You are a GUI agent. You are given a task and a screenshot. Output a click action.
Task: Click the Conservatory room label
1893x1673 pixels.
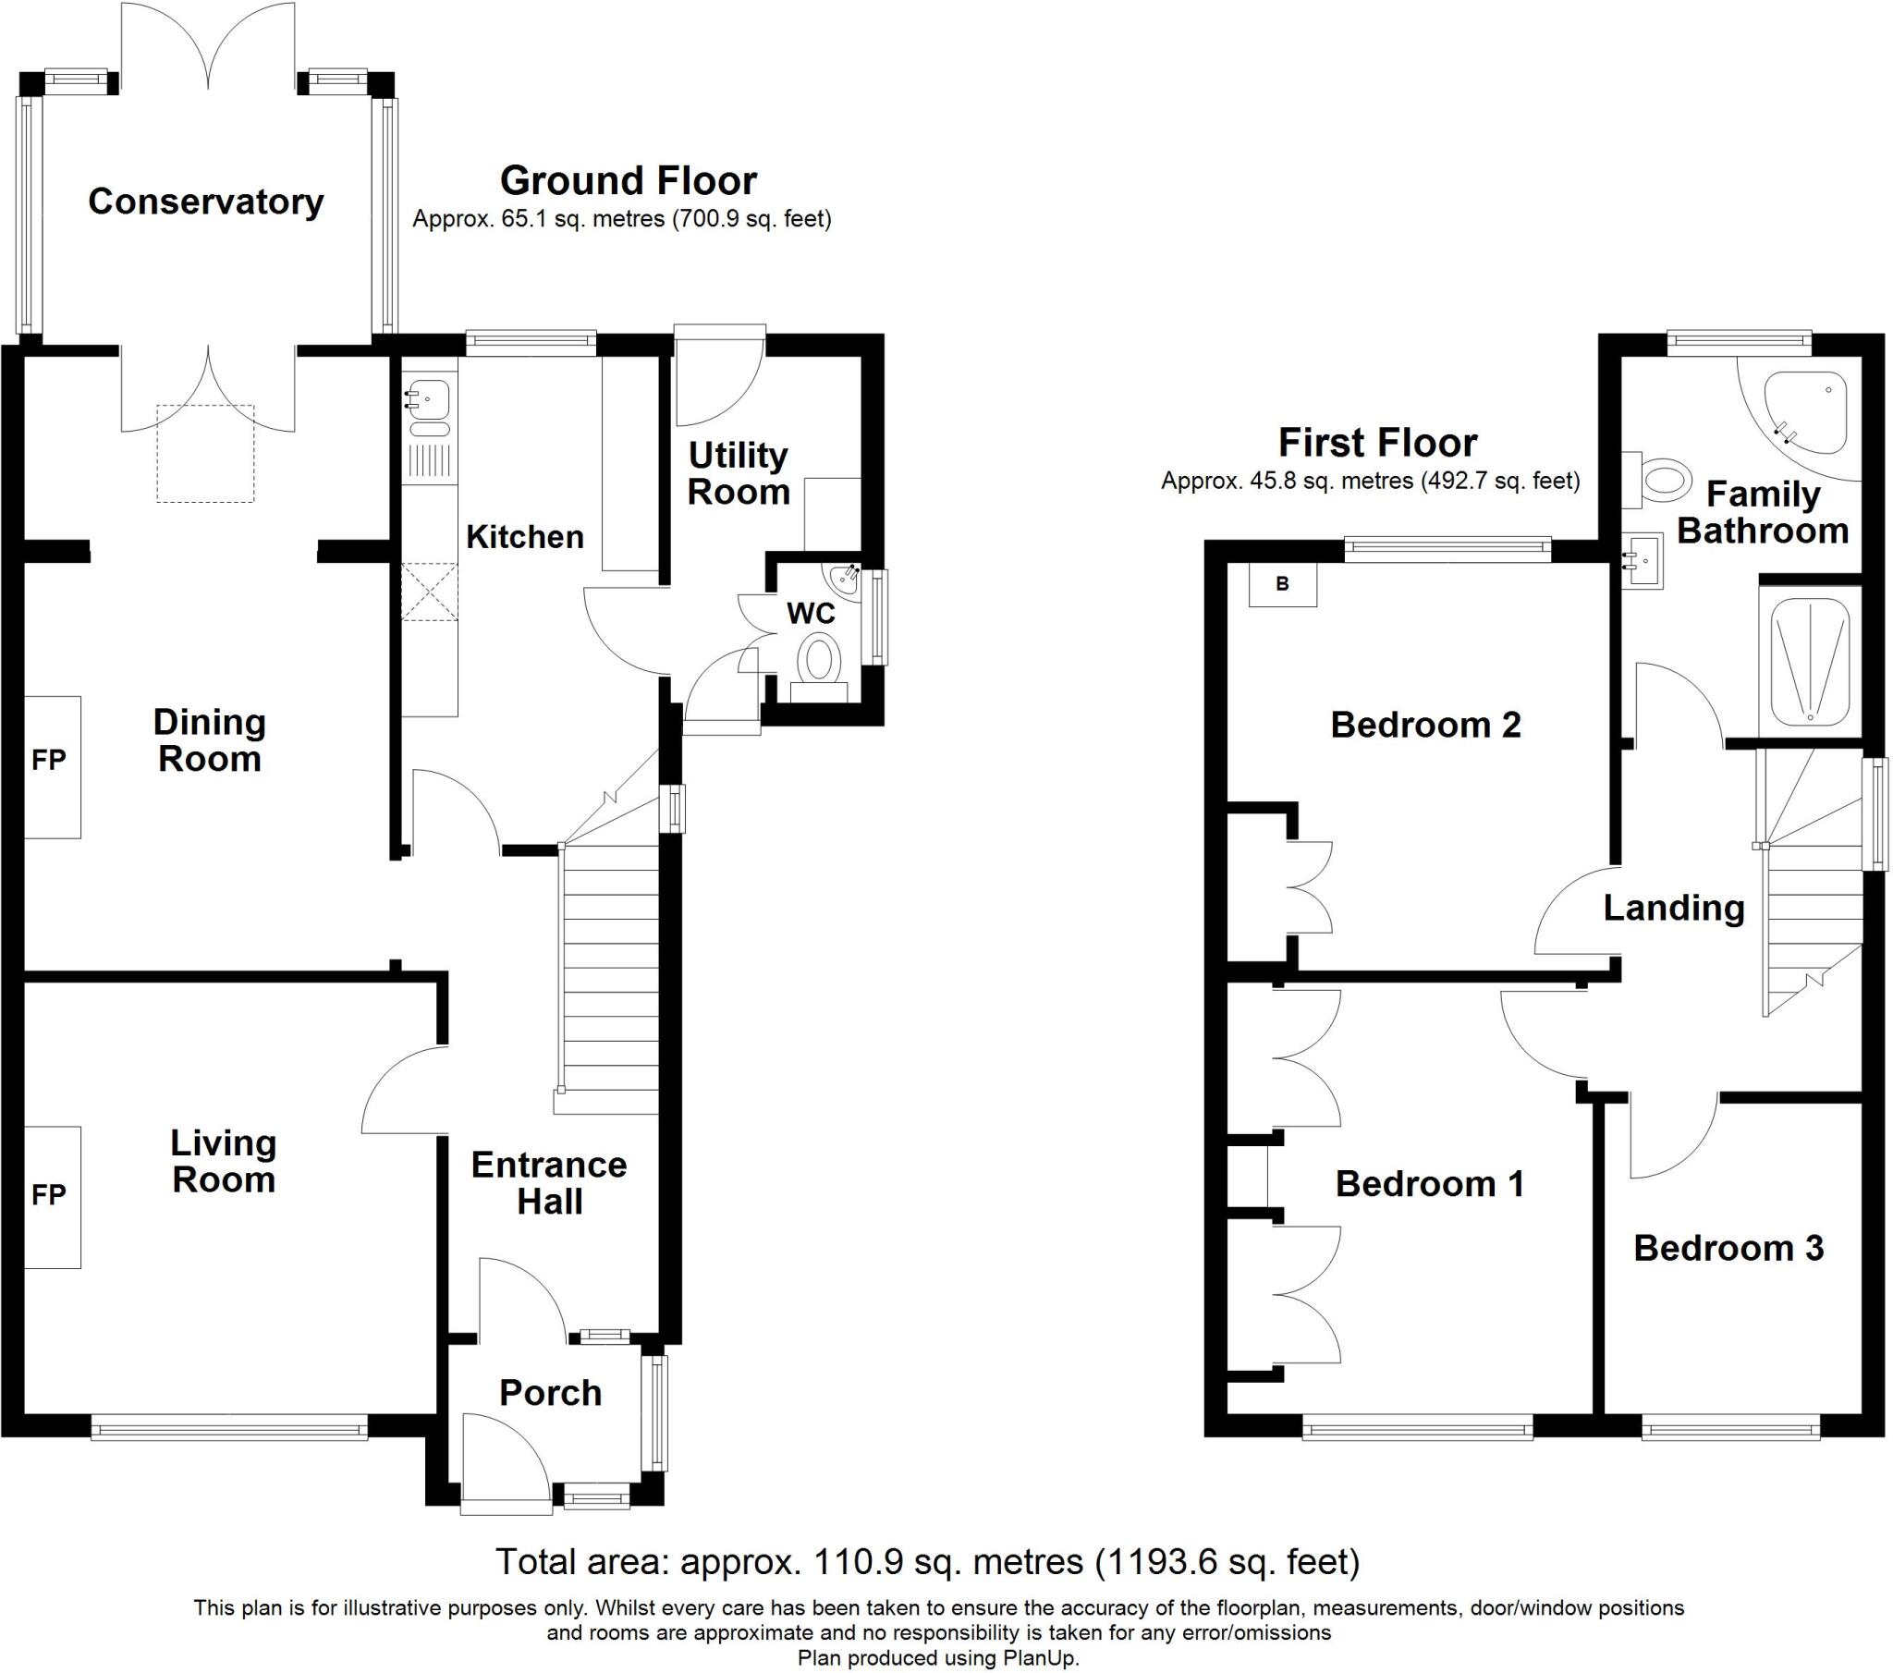(x=205, y=201)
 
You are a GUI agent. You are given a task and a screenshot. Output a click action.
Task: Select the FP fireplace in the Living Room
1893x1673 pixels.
(x=51, y=1196)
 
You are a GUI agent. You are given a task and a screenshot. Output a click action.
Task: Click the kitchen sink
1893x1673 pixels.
(x=430, y=400)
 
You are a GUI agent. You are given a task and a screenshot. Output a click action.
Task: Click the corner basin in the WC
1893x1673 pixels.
(x=847, y=580)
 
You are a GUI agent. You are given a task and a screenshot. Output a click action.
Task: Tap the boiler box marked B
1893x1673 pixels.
(x=1283, y=584)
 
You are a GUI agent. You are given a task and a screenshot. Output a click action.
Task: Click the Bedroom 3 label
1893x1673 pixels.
(x=1728, y=1248)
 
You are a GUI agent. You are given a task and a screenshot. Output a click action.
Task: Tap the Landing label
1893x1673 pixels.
(x=1674, y=908)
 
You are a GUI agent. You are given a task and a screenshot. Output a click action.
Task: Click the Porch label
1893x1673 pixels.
(x=550, y=1392)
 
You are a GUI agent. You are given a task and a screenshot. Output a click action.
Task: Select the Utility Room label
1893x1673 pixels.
(x=739, y=473)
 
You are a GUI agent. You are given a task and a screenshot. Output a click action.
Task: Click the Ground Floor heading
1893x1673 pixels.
(x=628, y=180)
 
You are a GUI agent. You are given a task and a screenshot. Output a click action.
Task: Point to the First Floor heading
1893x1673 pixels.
(x=1377, y=443)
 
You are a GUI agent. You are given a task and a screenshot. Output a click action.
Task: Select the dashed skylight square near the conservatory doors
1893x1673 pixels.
(x=204, y=454)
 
